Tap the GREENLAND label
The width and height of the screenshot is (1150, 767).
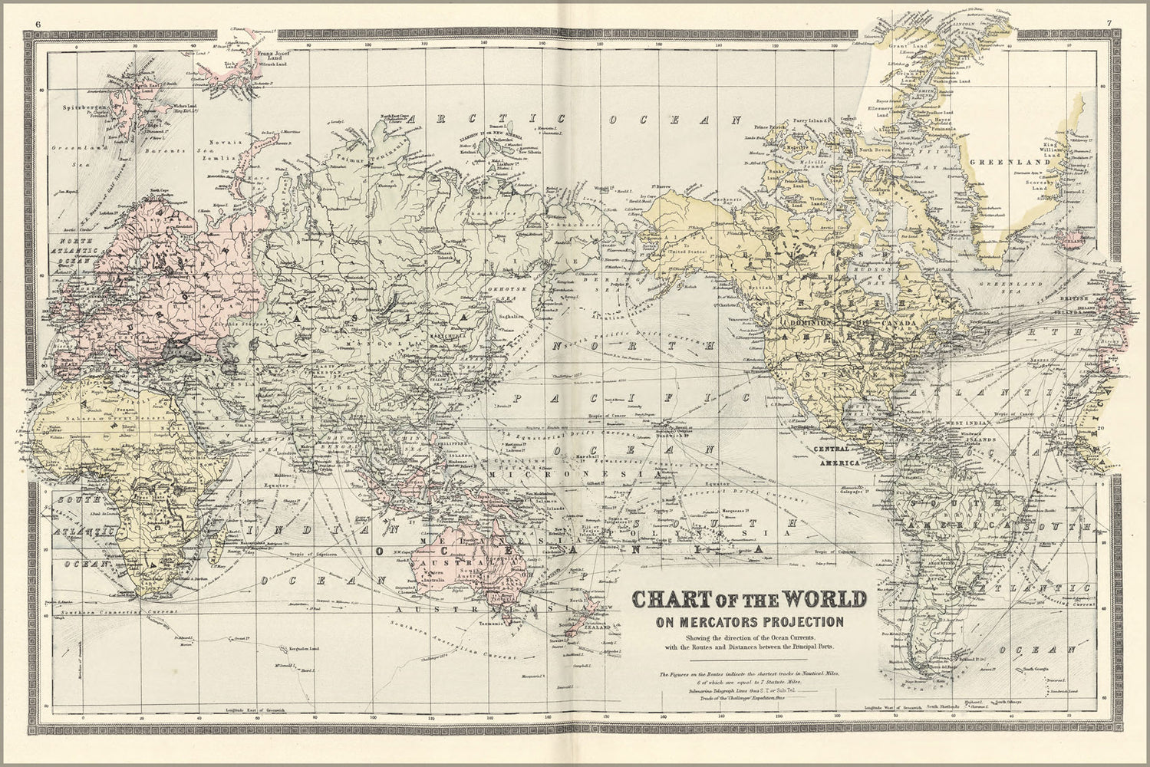(1020, 163)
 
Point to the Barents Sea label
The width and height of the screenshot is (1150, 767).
(173, 151)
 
